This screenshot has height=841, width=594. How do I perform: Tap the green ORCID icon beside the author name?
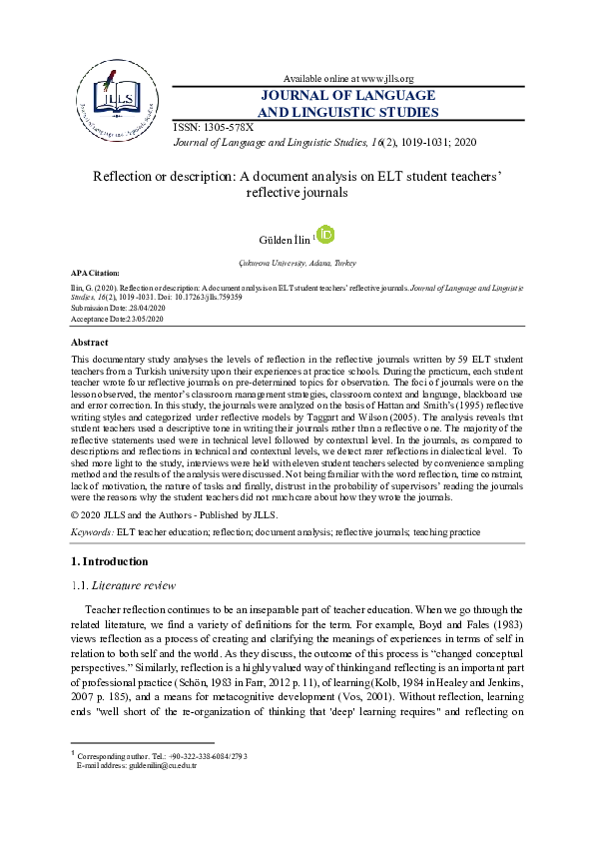325,235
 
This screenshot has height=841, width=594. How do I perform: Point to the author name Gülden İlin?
284,239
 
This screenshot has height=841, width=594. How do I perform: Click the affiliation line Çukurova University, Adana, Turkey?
297,261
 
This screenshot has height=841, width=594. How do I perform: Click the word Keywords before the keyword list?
93,532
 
